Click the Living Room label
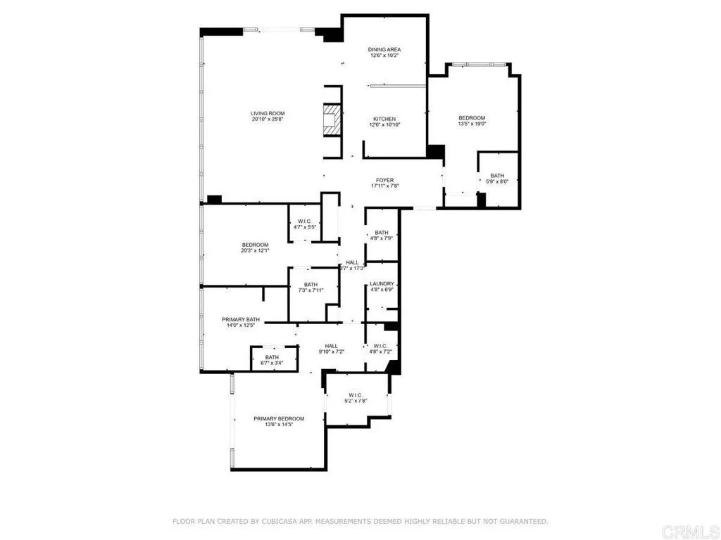pos(268,113)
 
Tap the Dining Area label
pos(384,49)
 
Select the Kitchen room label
pos(384,119)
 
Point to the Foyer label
pos(384,180)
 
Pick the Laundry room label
pos(382,284)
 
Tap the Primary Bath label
pos(241,319)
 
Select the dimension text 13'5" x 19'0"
pos(472,124)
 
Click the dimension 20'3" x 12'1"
pos(256,251)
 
